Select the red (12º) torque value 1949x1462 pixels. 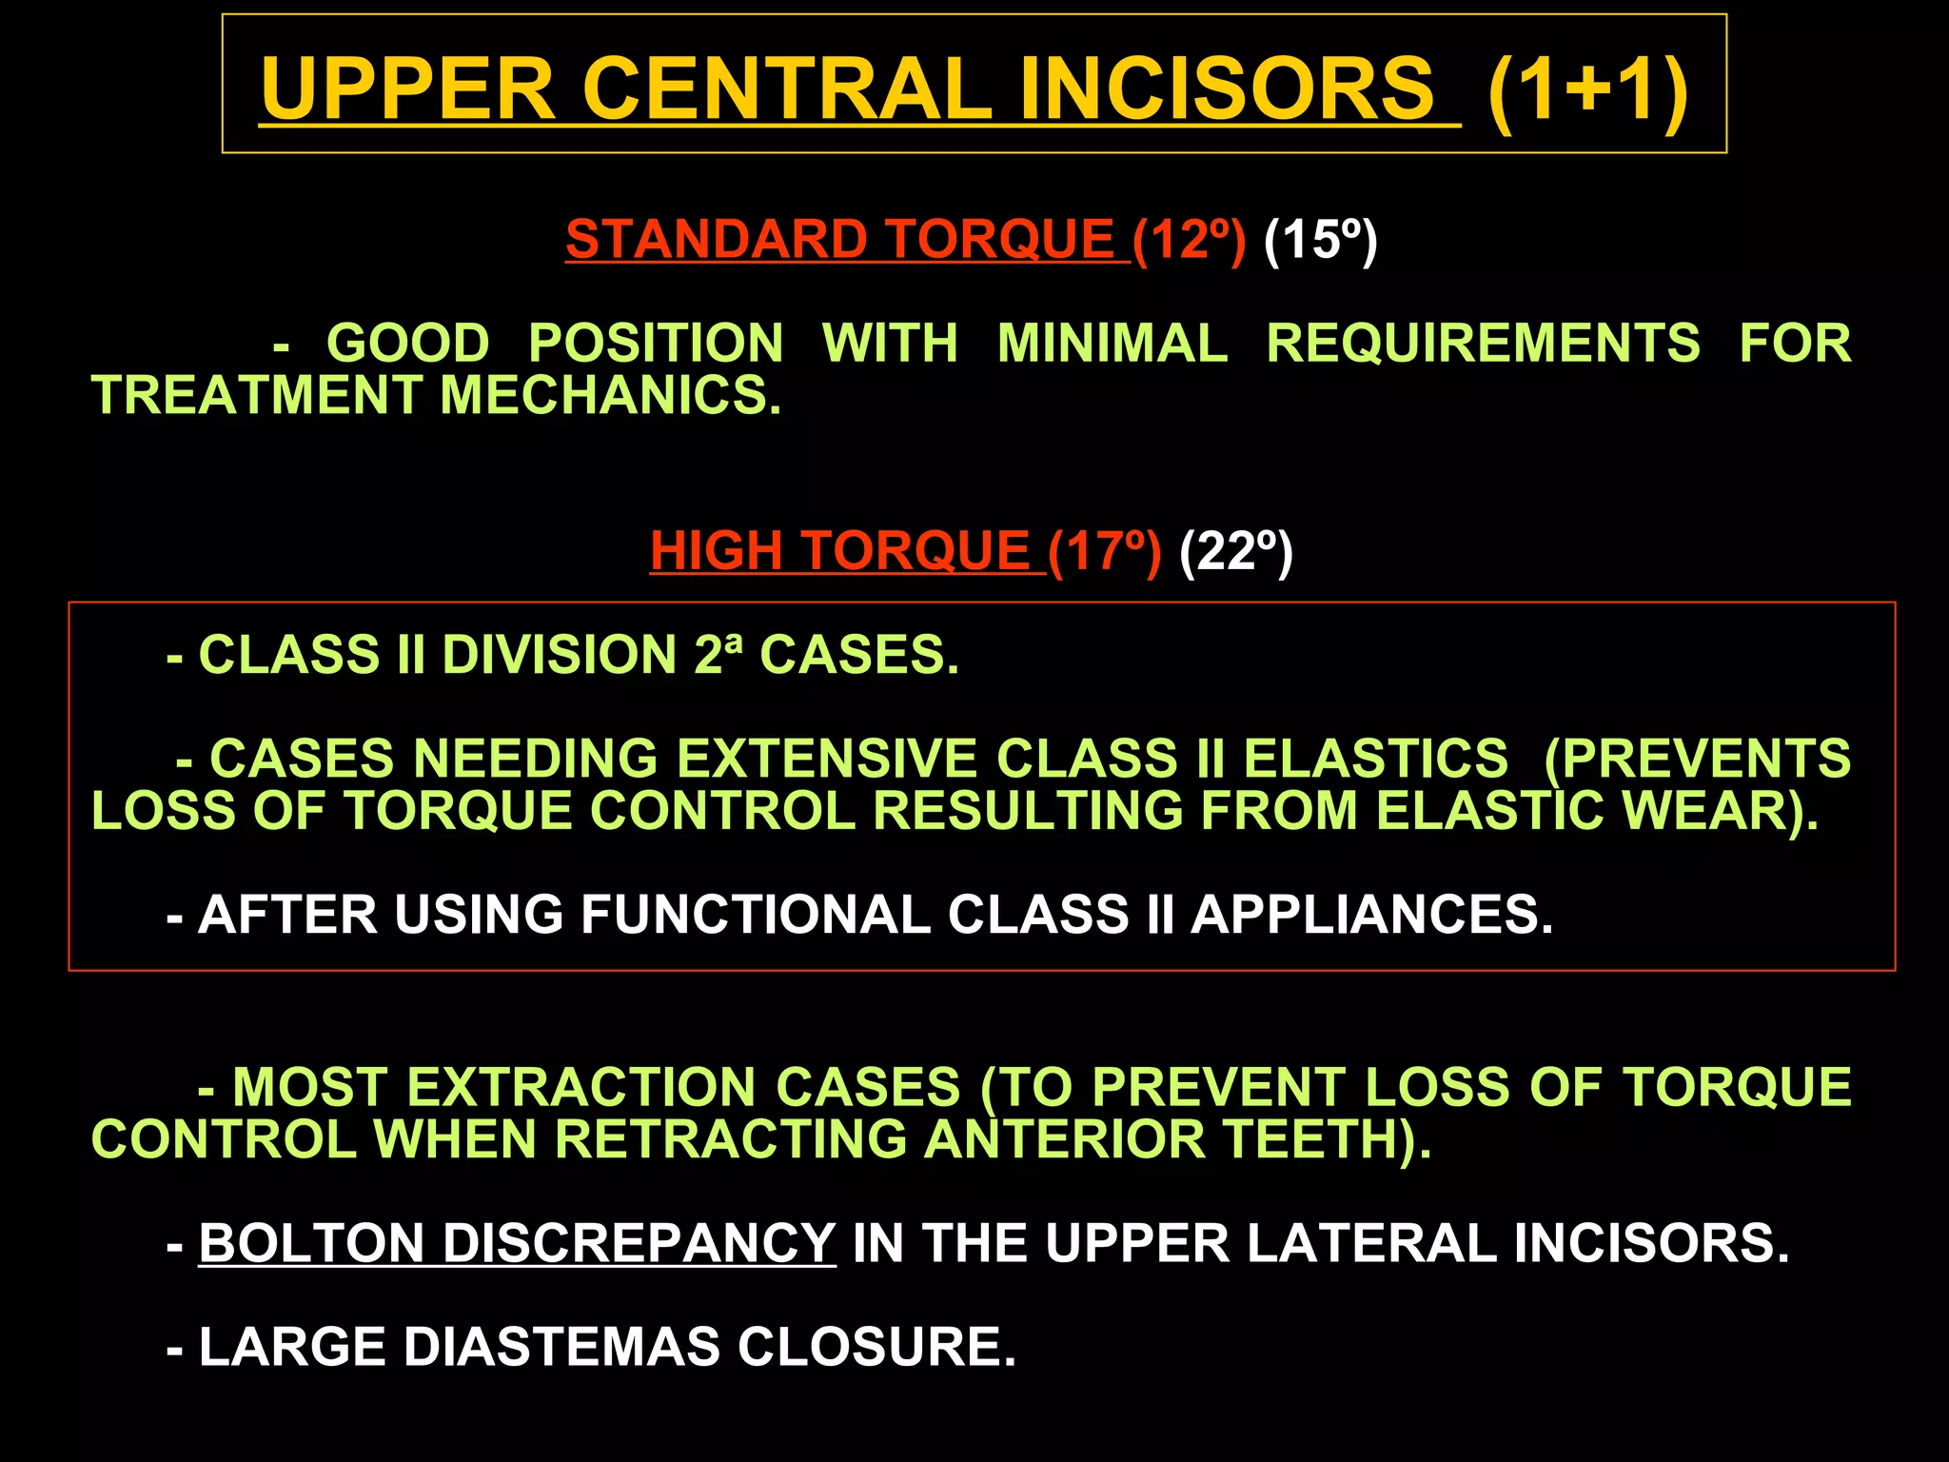[1189, 239]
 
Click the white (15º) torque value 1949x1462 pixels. [1320, 239]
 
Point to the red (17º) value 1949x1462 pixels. [1104, 551]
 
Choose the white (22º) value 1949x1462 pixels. [1235, 551]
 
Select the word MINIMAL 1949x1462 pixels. [1112, 344]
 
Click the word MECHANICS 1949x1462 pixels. [610, 395]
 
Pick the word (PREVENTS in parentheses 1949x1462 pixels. [1697, 760]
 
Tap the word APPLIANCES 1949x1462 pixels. [1371, 915]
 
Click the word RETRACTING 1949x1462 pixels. [730, 1139]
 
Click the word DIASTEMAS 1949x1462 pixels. [561, 1348]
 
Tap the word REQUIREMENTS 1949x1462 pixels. [1483, 344]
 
